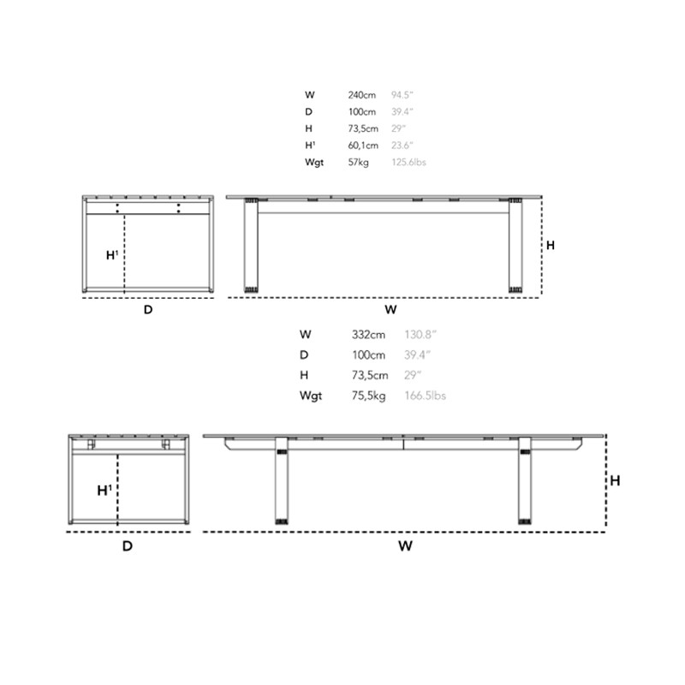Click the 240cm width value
(x=361, y=95)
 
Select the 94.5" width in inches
(x=402, y=95)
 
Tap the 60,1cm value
(x=363, y=145)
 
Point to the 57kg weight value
(x=358, y=162)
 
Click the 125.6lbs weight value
(x=408, y=162)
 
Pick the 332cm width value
(x=368, y=335)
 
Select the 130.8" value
(x=420, y=335)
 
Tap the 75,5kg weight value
(x=369, y=396)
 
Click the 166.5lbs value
(x=425, y=396)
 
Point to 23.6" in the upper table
(x=402, y=145)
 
